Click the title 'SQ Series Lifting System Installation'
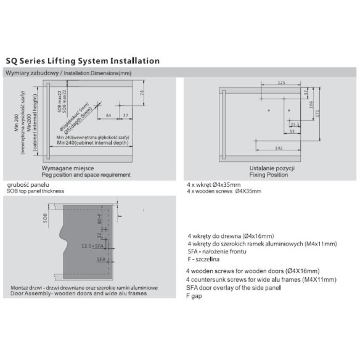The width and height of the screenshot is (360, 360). (x=83, y=62)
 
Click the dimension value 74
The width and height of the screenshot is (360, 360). (x=141, y=94)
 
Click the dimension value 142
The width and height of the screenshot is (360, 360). (x=279, y=149)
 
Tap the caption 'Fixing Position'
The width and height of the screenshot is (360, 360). (x=264, y=174)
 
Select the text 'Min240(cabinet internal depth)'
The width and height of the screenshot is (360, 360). (x=93, y=143)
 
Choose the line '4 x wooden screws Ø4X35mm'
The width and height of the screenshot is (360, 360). (x=224, y=190)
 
